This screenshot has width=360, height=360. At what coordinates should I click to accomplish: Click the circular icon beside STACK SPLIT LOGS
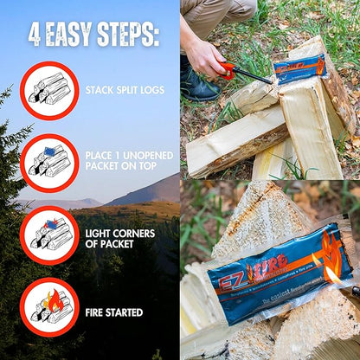pos(48,90)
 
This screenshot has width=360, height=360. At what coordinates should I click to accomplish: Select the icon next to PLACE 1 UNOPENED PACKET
pos(48,163)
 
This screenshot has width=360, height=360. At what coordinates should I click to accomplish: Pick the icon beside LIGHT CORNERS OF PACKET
pos(48,235)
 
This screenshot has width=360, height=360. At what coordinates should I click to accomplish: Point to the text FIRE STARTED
pos(114,312)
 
